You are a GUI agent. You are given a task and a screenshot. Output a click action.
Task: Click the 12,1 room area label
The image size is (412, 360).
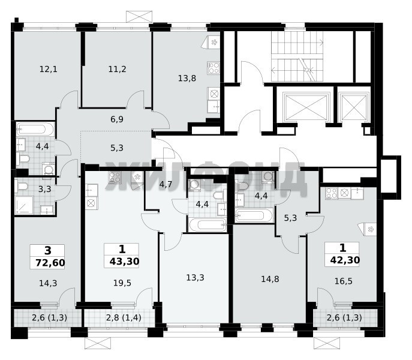tap(49, 69)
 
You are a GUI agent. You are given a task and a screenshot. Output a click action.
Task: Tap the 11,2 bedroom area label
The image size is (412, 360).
tap(117, 69)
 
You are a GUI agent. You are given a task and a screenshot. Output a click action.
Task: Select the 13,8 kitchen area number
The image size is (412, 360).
tap(187, 78)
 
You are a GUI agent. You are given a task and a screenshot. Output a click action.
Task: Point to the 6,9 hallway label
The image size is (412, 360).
tap(117, 119)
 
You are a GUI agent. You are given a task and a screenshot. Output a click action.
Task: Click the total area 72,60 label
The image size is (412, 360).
tap(50, 263)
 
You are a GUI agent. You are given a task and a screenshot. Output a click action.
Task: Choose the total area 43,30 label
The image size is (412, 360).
tap(124, 262)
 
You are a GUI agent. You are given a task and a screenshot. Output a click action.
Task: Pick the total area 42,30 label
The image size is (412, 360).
tap(345, 260)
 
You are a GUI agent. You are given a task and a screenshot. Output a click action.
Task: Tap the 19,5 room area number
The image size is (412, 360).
tap(122, 283)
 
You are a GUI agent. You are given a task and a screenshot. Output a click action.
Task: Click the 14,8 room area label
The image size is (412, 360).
tap(270, 279)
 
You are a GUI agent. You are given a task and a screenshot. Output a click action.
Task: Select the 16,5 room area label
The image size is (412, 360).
tap(344, 281)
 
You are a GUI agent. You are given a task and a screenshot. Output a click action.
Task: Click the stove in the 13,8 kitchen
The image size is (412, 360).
tap(213, 68)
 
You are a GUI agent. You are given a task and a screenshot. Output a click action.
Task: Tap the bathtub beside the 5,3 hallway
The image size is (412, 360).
tap(254, 215)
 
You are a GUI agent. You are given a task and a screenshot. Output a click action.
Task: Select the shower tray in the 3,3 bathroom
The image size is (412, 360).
tap(24, 205)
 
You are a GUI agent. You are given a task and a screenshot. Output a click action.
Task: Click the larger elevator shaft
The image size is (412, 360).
tap(306, 107)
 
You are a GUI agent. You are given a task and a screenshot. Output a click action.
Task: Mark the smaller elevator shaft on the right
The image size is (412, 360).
tap(354, 107)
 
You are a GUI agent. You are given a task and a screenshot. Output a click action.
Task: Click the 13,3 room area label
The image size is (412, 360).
tap(196, 277)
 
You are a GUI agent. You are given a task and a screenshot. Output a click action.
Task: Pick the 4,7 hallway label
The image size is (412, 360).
tap(166, 184)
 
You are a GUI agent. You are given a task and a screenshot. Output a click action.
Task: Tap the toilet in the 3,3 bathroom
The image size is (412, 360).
tap(22, 186)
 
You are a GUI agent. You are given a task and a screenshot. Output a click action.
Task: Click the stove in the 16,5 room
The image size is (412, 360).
tap(331, 193)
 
